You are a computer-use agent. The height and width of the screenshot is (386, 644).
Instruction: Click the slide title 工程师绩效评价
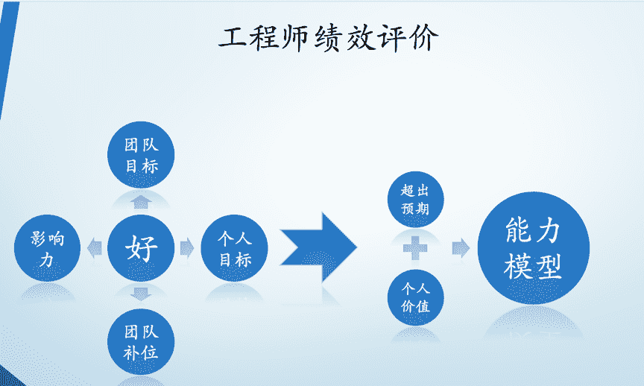pyautogui.click(x=329, y=37)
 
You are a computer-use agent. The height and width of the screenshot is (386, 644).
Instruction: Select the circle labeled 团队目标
pyautogui.click(x=141, y=154)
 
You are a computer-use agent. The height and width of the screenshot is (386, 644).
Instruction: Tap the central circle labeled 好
pyautogui.click(x=141, y=248)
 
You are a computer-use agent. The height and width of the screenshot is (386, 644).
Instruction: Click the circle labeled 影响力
pyautogui.click(x=48, y=249)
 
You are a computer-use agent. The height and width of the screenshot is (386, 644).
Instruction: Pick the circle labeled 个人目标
pyautogui.click(x=235, y=249)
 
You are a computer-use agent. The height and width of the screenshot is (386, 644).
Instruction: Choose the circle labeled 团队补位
pyautogui.click(x=141, y=342)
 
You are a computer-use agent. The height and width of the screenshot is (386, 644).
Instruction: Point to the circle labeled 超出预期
pyautogui.click(x=415, y=199)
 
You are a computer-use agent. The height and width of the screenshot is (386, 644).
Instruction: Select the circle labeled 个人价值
pyautogui.click(x=415, y=297)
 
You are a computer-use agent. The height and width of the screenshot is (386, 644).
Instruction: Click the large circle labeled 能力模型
pyautogui.click(x=533, y=248)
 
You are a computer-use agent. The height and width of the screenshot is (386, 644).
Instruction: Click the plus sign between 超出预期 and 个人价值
pyautogui.click(x=415, y=248)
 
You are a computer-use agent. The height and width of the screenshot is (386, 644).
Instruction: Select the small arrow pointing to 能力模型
pyautogui.click(x=461, y=248)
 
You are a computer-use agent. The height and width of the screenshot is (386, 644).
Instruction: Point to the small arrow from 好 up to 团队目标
pyautogui.click(x=141, y=201)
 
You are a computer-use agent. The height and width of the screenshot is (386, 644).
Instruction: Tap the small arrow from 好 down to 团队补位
pyautogui.click(x=141, y=294)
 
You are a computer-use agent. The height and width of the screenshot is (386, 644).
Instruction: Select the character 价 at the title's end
pyautogui.click(x=423, y=37)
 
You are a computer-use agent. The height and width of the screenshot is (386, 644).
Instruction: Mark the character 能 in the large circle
pyautogui.click(x=517, y=230)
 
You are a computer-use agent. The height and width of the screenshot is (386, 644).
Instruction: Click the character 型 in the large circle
pyautogui.click(x=549, y=266)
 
